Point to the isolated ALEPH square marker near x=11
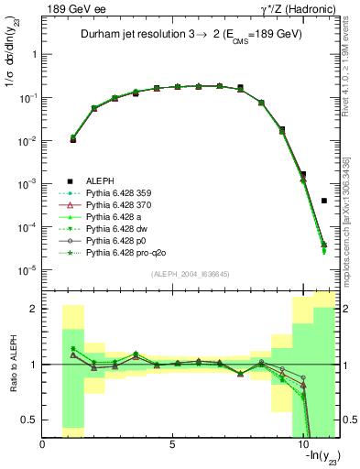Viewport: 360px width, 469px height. (324, 201)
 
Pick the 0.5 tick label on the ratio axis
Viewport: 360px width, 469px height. (29, 420)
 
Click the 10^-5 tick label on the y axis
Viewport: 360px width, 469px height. (27, 269)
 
